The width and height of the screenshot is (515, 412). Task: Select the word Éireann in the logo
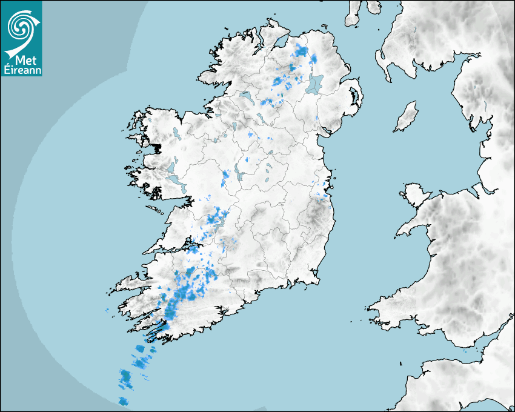pos(22,70)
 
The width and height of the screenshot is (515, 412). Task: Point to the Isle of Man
pos(407,116)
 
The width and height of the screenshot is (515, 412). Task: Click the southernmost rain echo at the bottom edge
pos(123,400)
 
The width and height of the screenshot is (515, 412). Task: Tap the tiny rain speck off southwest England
pos(465,350)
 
